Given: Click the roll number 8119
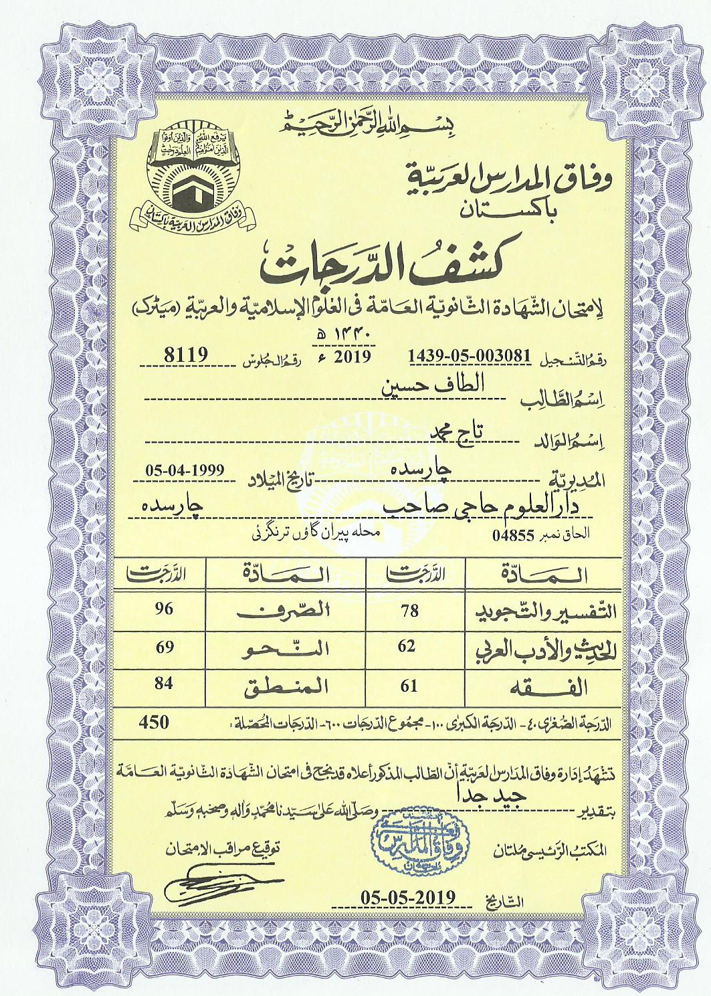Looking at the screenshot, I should pos(187,355).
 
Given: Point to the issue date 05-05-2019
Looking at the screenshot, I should pos(407,897).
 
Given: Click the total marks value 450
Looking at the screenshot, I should pos(154,722).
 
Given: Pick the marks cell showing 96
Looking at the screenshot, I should pos(164,609).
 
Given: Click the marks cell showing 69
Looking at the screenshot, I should pos(164,647).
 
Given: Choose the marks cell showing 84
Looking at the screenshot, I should pos(164,684).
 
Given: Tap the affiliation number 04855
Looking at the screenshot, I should pos(514,535).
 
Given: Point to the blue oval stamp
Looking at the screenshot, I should pos(420,840).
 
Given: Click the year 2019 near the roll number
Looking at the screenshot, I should pos(352,355).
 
